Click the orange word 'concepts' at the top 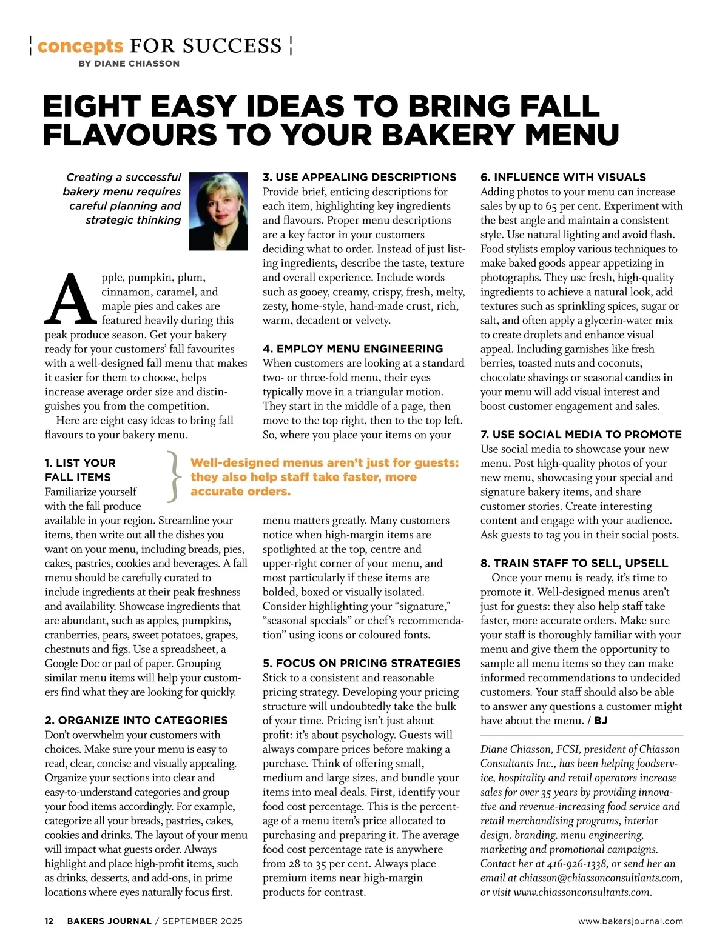coord(80,46)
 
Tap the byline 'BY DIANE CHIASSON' coord(129,64)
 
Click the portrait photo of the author coord(218,211)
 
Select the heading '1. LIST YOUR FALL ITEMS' coord(80,470)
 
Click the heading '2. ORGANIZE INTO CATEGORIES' coord(136,720)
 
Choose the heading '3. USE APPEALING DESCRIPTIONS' coord(359,177)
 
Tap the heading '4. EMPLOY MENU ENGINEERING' coord(352,349)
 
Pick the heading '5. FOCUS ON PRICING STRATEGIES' coord(362,663)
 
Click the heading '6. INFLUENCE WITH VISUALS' coord(563,177)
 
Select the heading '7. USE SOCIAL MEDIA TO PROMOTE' coord(581,435)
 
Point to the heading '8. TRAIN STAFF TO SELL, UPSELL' coord(574,563)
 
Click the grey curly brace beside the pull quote coord(174,477)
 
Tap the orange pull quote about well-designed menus coord(325,477)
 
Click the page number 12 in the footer coord(49,921)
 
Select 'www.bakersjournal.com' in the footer coord(630,921)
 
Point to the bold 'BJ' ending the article coord(601,721)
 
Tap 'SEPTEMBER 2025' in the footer coord(203,921)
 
